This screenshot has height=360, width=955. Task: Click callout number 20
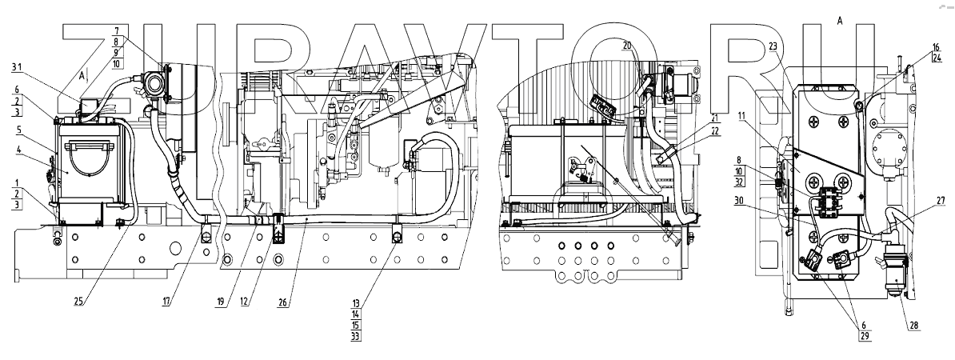[628, 46]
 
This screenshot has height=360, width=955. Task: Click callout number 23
[773, 46]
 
